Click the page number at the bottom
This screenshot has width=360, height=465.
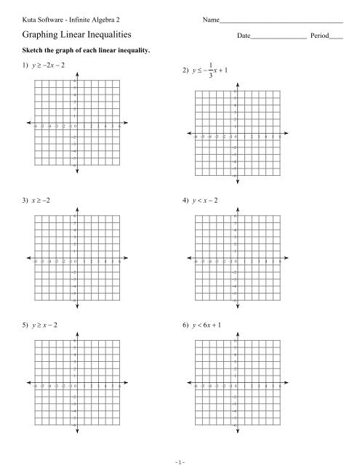coord(180,458)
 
